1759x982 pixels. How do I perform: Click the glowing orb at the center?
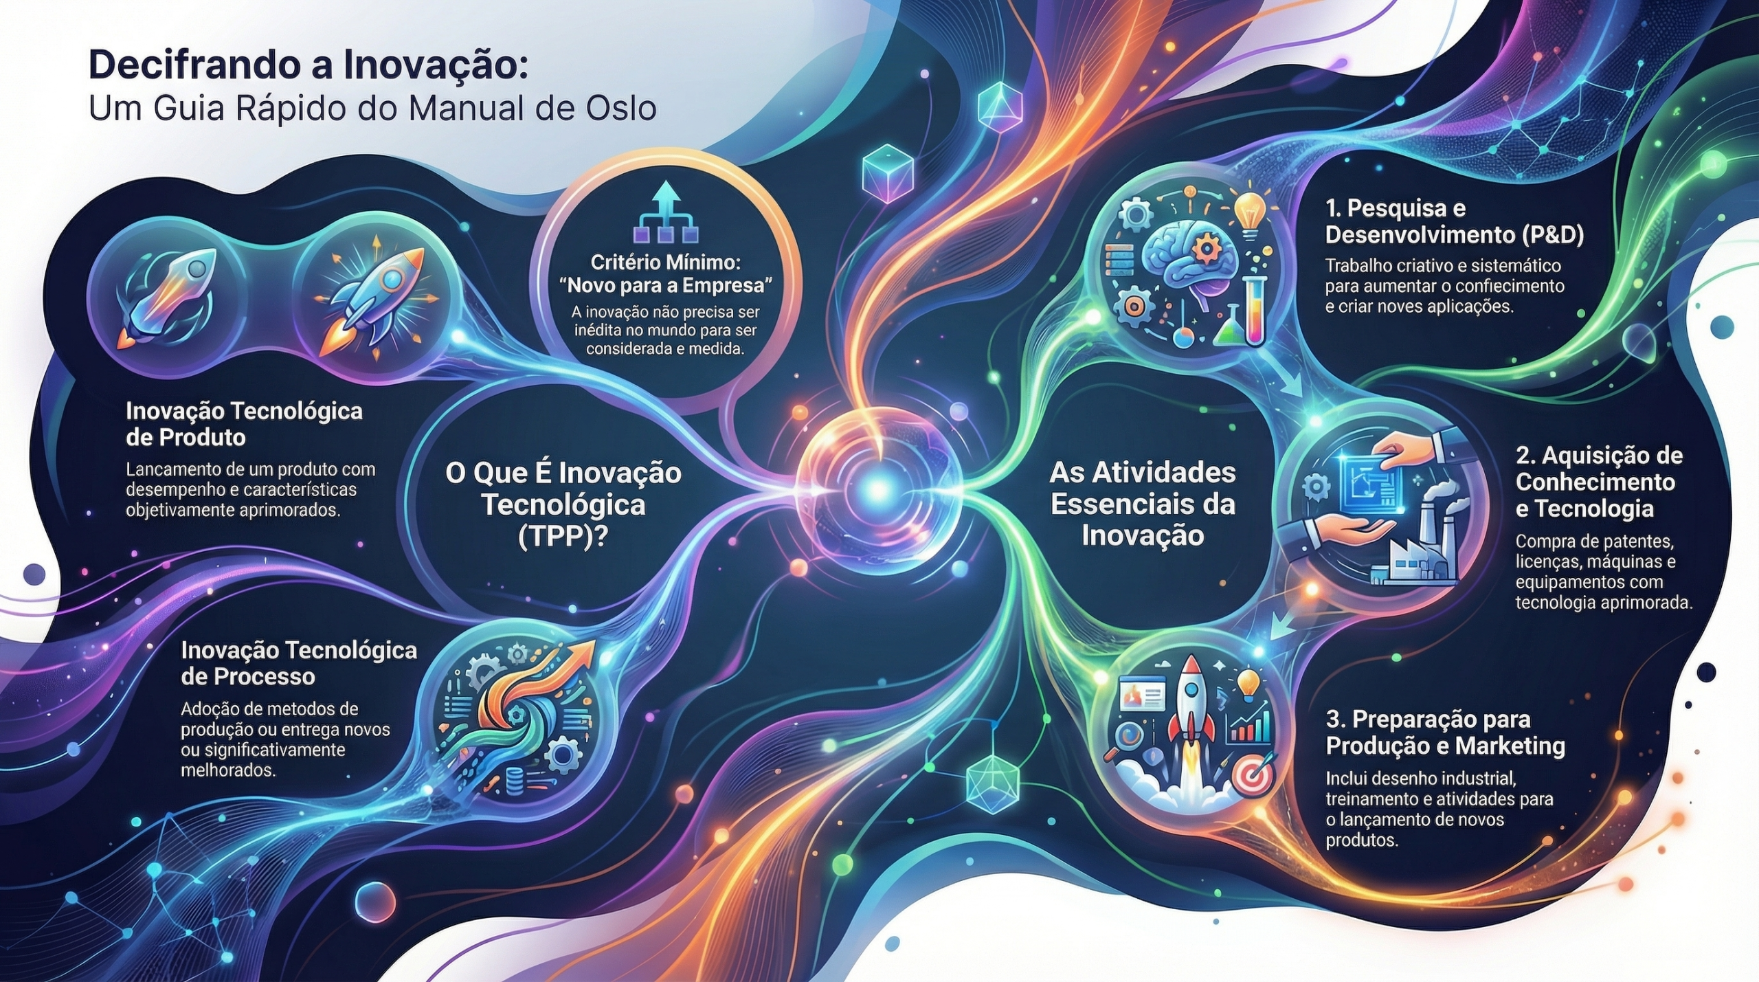(877, 488)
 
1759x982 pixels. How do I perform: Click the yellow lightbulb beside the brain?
(1250, 214)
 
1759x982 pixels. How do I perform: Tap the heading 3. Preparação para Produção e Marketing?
(1446, 733)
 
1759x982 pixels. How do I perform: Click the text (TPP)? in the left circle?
(563, 536)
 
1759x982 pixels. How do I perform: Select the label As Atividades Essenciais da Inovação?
(1143, 504)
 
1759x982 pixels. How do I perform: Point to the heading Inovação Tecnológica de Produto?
(244, 423)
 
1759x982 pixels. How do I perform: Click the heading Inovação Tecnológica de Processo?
(299, 662)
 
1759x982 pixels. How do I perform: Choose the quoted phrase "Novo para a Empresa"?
(664, 284)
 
